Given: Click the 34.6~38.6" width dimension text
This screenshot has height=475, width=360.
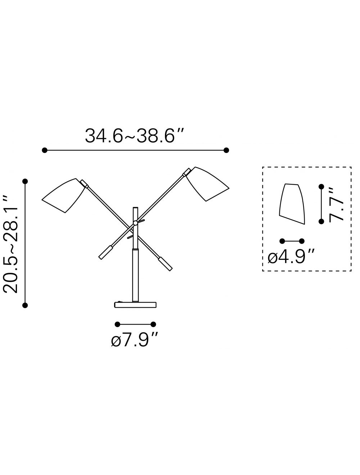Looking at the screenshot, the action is pyautogui.click(x=134, y=136).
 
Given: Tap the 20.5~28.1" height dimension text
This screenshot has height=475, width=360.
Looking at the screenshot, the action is pyautogui.click(x=10, y=244).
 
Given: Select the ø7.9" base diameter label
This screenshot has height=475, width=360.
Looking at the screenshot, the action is pyautogui.click(x=135, y=340).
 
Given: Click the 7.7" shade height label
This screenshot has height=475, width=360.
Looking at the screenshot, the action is pyautogui.click(x=336, y=205).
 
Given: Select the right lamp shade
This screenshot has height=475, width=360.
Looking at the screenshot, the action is pyautogui.click(x=207, y=184).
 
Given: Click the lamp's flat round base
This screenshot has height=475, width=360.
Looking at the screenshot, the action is pyautogui.click(x=135, y=305).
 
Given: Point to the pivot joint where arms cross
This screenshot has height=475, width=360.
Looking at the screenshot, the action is pyautogui.click(x=135, y=223).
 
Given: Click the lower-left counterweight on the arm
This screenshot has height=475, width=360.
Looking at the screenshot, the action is pyautogui.click(x=105, y=252).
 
